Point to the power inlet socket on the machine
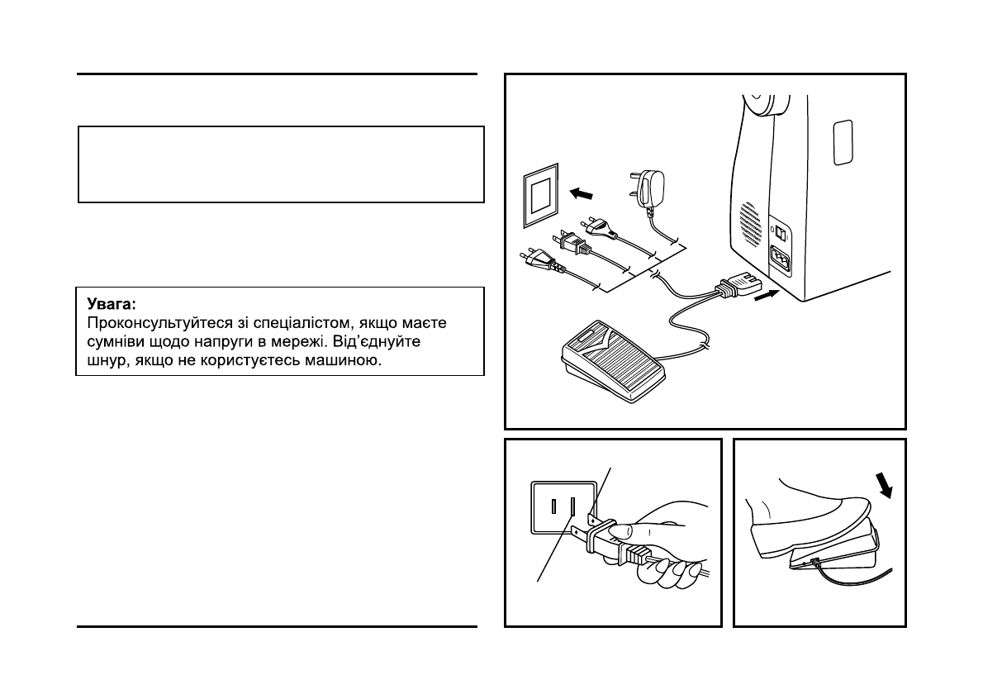(x=780, y=263)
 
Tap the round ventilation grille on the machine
(x=749, y=222)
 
